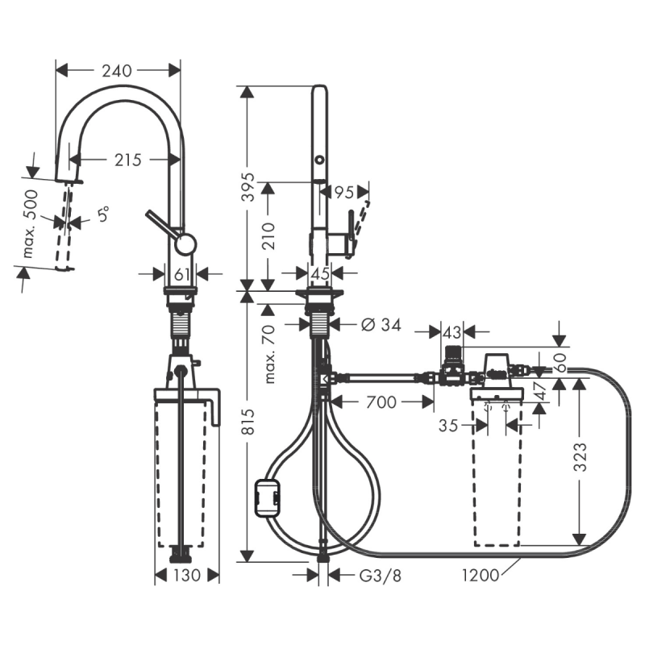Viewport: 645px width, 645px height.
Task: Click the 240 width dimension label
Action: point(118,71)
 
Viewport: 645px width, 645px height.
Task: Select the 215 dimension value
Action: point(127,160)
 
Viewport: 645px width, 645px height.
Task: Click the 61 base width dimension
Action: point(183,274)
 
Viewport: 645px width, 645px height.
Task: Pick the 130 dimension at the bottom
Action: point(185,575)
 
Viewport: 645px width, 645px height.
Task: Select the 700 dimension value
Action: point(381,402)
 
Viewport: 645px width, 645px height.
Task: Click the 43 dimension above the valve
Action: point(451,331)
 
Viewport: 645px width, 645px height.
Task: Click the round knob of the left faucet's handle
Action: point(185,244)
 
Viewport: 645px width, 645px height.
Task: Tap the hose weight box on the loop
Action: point(266,497)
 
